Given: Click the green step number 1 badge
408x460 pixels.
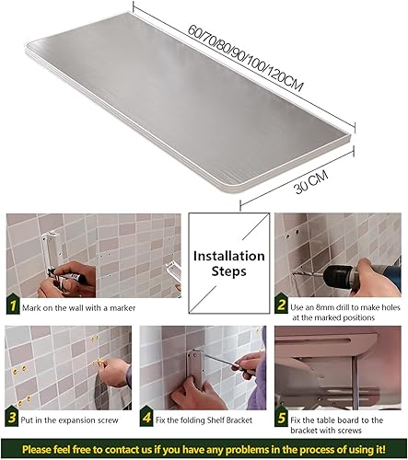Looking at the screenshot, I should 13,305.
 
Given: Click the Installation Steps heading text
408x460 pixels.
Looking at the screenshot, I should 228,263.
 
